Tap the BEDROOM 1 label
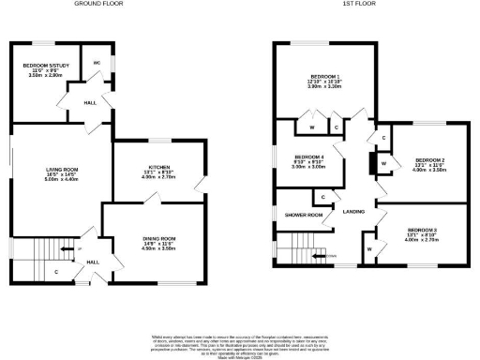point(324,75)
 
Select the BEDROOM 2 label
point(429,160)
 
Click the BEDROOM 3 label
point(422,230)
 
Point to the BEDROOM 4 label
point(309,157)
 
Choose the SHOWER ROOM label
point(303,216)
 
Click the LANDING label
point(353,212)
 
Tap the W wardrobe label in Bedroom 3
point(369,248)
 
